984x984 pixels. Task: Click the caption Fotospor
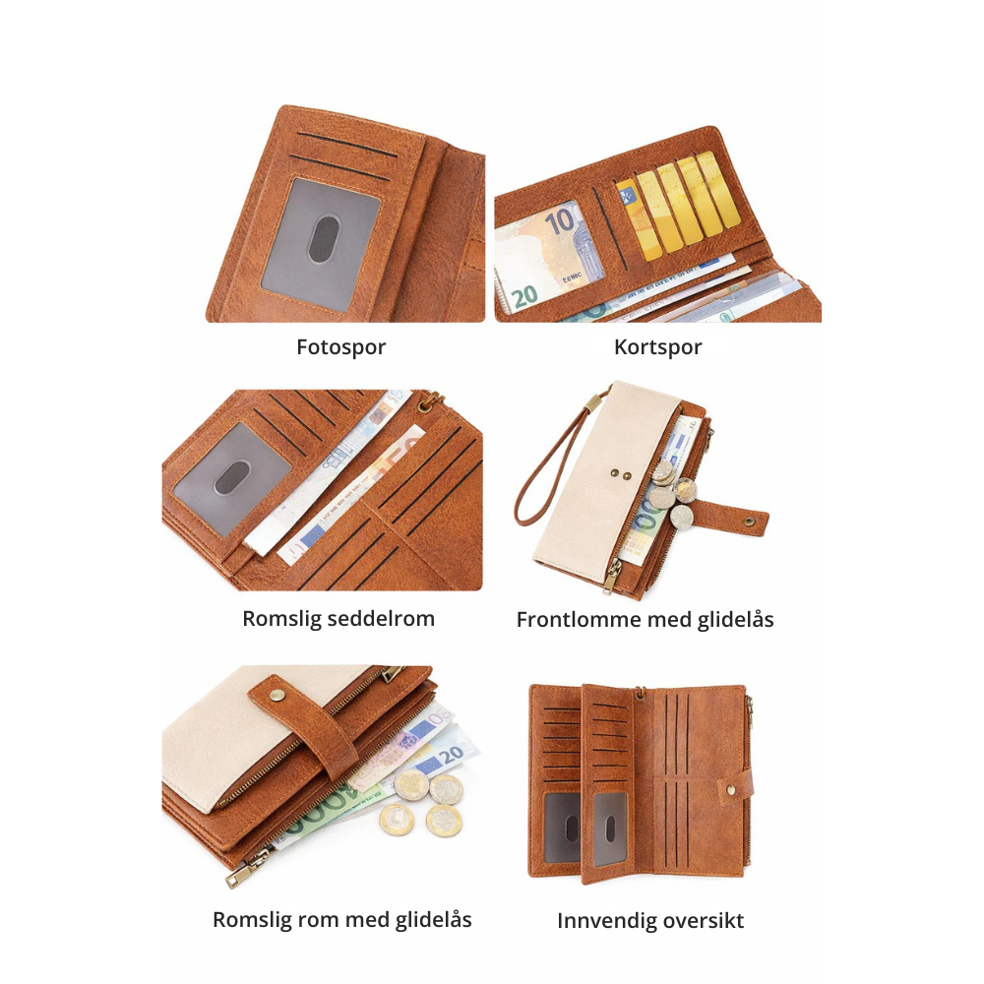click(340, 347)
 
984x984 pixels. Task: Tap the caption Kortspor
click(657, 347)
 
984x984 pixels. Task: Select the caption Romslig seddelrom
click(338, 619)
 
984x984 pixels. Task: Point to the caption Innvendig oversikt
click(650, 921)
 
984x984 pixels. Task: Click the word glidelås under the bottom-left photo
click(433, 920)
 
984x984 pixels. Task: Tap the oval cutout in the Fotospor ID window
click(324, 239)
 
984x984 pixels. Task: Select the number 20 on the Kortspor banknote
click(524, 296)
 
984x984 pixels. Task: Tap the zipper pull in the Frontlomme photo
click(611, 576)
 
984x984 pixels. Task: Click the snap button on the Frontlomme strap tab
click(749, 521)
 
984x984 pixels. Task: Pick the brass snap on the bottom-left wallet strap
click(277, 694)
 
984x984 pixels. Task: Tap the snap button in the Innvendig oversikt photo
click(731, 789)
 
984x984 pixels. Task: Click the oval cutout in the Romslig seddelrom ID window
click(233, 477)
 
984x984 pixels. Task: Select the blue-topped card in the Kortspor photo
click(639, 219)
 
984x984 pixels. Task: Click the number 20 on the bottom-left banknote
click(452, 756)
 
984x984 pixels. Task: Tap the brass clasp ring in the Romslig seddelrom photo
click(431, 402)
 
